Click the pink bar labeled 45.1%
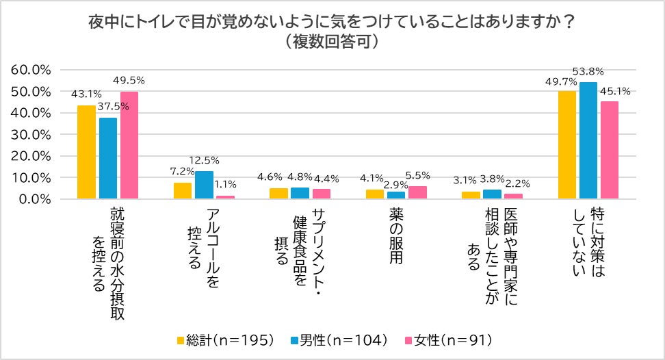tap(610, 150)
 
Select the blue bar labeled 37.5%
tap(108, 158)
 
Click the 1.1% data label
tap(225, 183)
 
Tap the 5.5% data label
tap(417, 175)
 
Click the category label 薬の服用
tap(395, 236)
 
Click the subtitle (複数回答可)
tap(332, 41)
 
